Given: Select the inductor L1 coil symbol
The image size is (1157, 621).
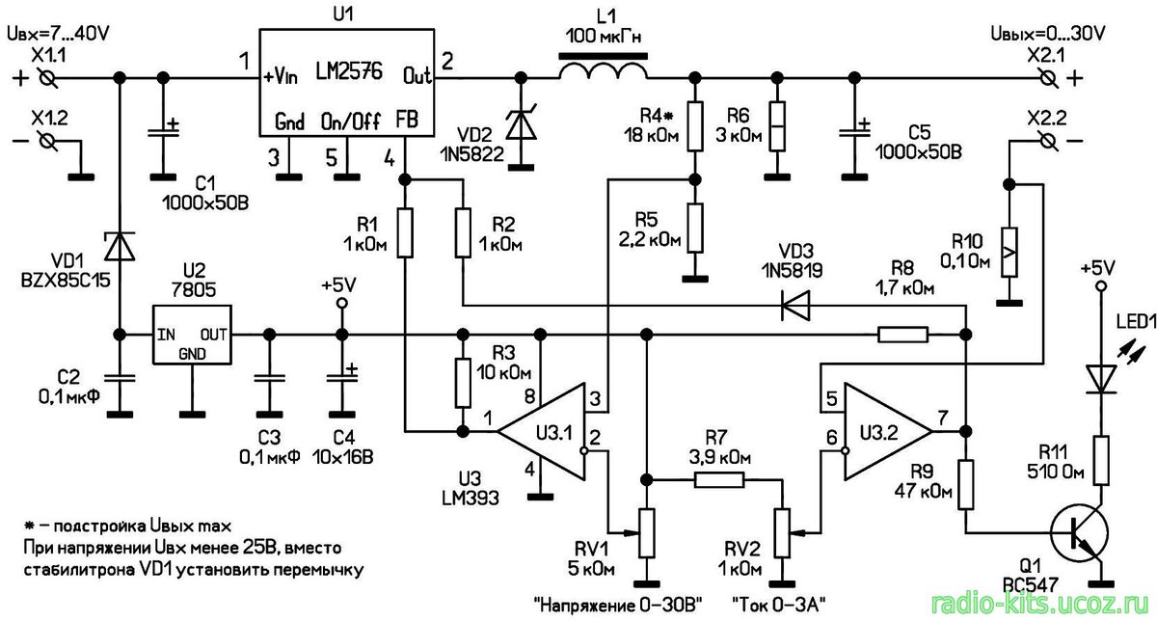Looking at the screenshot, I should point(604,71).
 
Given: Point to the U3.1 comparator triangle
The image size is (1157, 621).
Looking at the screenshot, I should point(545,431).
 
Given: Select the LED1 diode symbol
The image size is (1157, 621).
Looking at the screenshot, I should point(1099,376).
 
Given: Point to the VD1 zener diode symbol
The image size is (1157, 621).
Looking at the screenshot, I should point(121,246).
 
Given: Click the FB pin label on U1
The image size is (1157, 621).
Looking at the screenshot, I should point(406,121).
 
